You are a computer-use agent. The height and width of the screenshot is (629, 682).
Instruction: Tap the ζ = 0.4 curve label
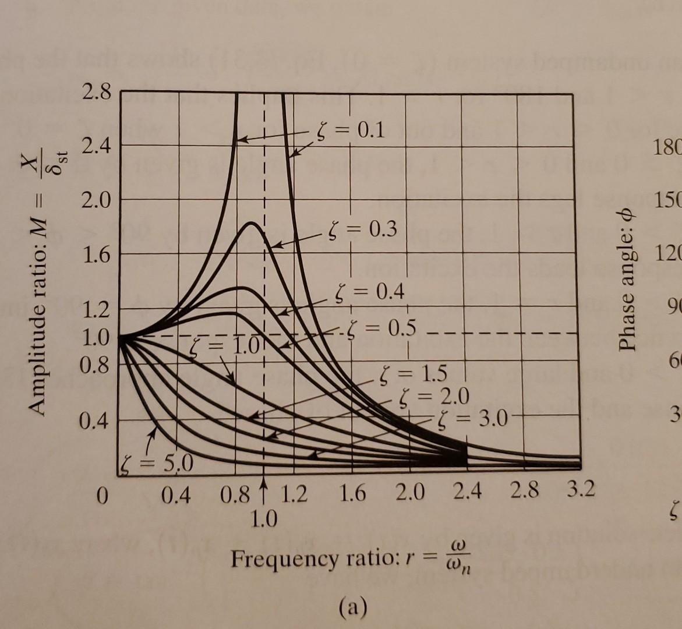point(370,291)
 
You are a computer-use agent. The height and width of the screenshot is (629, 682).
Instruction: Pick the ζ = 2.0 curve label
point(434,397)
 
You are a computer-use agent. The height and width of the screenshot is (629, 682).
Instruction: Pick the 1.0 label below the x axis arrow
point(264,517)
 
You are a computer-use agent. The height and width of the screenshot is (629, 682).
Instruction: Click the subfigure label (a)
point(353,607)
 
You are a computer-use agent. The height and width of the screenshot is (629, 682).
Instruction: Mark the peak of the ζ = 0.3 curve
point(252,223)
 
